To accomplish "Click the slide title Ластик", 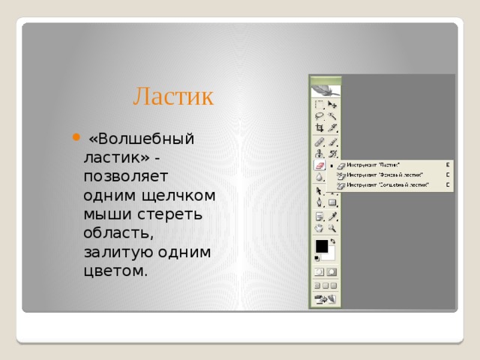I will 173,96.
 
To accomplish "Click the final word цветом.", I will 116,271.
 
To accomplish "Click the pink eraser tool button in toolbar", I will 319,165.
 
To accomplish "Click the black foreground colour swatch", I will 321,245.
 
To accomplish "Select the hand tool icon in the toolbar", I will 319,226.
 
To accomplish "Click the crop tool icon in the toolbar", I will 319,127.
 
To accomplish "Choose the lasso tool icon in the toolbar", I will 319,116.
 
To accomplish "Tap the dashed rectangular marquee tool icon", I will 319,105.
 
